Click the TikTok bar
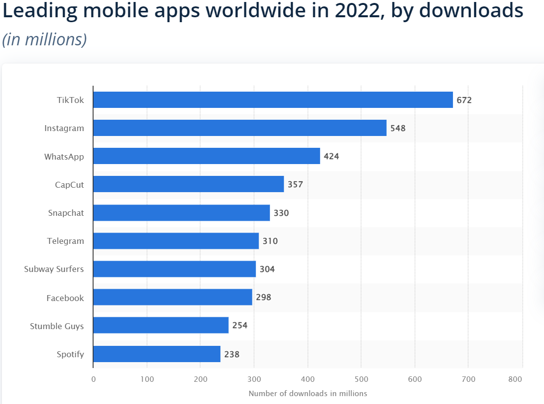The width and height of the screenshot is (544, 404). pyautogui.click(x=273, y=100)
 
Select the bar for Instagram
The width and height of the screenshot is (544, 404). pyautogui.click(x=240, y=128)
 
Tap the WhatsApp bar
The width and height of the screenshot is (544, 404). pyautogui.click(x=207, y=157)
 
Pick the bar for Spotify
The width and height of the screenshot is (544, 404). pyautogui.click(x=156, y=354)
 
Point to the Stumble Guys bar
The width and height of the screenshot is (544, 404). pyautogui.click(x=161, y=326)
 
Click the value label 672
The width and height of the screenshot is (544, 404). pyautogui.click(x=464, y=100)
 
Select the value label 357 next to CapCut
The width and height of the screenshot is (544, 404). pyautogui.click(x=296, y=185)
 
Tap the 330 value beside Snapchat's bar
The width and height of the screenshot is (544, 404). pyautogui.click(x=281, y=213)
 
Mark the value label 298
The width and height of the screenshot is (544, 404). pyautogui.click(x=264, y=298)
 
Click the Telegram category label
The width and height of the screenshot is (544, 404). pyautogui.click(x=65, y=241)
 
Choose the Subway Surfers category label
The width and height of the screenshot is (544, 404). pyautogui.click(x=54, y=269)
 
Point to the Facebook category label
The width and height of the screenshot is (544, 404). pyautogui.click(x=65, y=298)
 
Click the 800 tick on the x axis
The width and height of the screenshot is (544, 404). pyautogui.click(x=515, y=379)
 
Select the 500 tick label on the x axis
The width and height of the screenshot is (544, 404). pyautogui.click(x=361, y=379)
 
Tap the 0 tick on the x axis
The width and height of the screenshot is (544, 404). pyautogui.click(x=93, y=379)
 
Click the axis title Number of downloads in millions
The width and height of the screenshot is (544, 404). pyautogui.click(x=308, y=393)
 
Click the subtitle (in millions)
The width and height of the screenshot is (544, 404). pyautogui.click(x=45, y=39)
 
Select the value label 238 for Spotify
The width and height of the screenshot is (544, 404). pyautogui.click(x=232, y=354)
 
